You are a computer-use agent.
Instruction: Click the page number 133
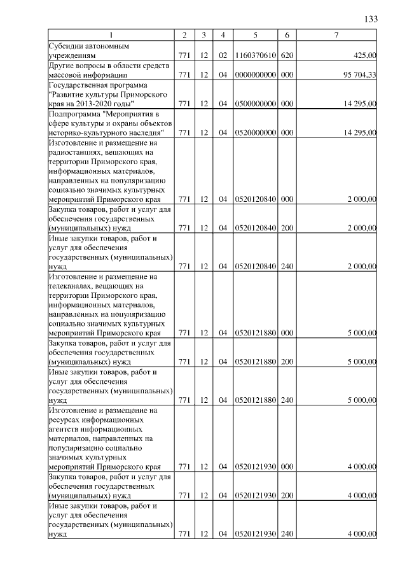(x=371, y=19)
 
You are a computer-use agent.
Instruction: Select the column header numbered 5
(x=254, y=34)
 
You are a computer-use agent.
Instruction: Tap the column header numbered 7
(x=336, y=34)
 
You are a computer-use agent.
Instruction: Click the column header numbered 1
(x=111, y=34)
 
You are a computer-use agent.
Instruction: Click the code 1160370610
(x=254, y=55)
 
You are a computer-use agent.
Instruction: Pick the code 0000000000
(x=254, y=74)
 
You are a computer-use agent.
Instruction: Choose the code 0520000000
(x=254, y=132)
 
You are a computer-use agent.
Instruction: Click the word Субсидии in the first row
(x=66, y=46)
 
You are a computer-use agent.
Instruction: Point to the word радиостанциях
(x=77, y=152)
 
